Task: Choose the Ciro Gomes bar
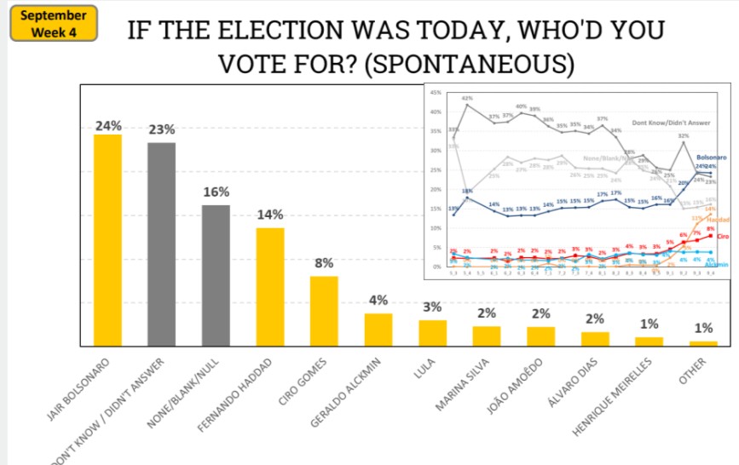[x=324, y=311]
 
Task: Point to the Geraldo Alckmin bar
[x=378, y=330]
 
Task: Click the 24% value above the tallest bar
[x=107, y=125]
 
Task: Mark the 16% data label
[x=216, y=192]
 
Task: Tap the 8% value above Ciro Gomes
[x=324, y=263]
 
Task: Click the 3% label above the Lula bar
[x=432, y=307]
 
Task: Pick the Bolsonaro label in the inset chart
[x=710, y=158]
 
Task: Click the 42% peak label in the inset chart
[x=467, y=99]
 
